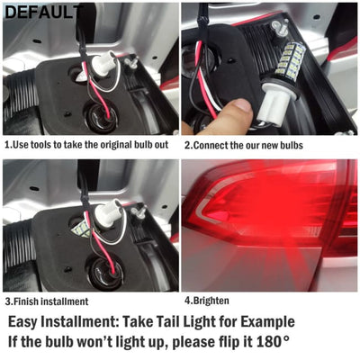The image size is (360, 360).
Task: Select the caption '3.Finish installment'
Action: (47, 301)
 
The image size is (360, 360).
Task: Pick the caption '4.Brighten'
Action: (208, 301)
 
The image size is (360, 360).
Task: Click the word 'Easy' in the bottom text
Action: (29, 321)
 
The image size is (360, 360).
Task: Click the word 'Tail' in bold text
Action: (194, 321)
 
